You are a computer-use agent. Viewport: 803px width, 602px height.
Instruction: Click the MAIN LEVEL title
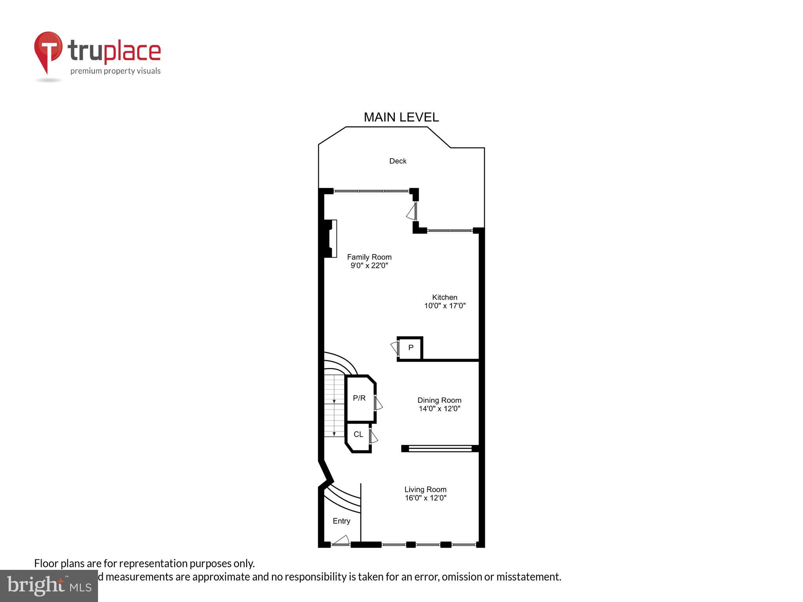coord(401,117)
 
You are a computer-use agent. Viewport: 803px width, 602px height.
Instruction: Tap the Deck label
coord(398,161)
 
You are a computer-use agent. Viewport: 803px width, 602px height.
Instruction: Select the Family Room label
coord(369,257)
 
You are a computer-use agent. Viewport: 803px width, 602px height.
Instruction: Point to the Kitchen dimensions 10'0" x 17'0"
coord(445,306)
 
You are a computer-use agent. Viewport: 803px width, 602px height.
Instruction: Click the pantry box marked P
coord(411,348)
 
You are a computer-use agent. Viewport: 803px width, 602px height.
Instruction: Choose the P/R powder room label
coord(359,398)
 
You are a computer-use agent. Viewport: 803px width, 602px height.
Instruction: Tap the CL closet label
coord(358,434)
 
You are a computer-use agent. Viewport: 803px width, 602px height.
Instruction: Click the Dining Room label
coord(439,400)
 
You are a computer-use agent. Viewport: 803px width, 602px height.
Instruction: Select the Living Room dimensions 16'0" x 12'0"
coord(425,498)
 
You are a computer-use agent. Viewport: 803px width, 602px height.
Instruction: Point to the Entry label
coord(341,521)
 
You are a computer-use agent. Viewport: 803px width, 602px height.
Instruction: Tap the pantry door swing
coord(395,347)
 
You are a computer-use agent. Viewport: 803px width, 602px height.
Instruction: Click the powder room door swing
coord(378,403)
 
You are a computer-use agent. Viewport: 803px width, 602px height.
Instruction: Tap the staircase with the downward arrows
coord(334,405)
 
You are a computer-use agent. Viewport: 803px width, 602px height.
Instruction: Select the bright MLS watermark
coord(49,586)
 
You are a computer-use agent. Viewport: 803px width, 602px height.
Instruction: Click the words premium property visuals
coord(115,71)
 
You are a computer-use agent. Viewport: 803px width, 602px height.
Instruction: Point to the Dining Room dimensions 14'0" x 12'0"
coord(439,409)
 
